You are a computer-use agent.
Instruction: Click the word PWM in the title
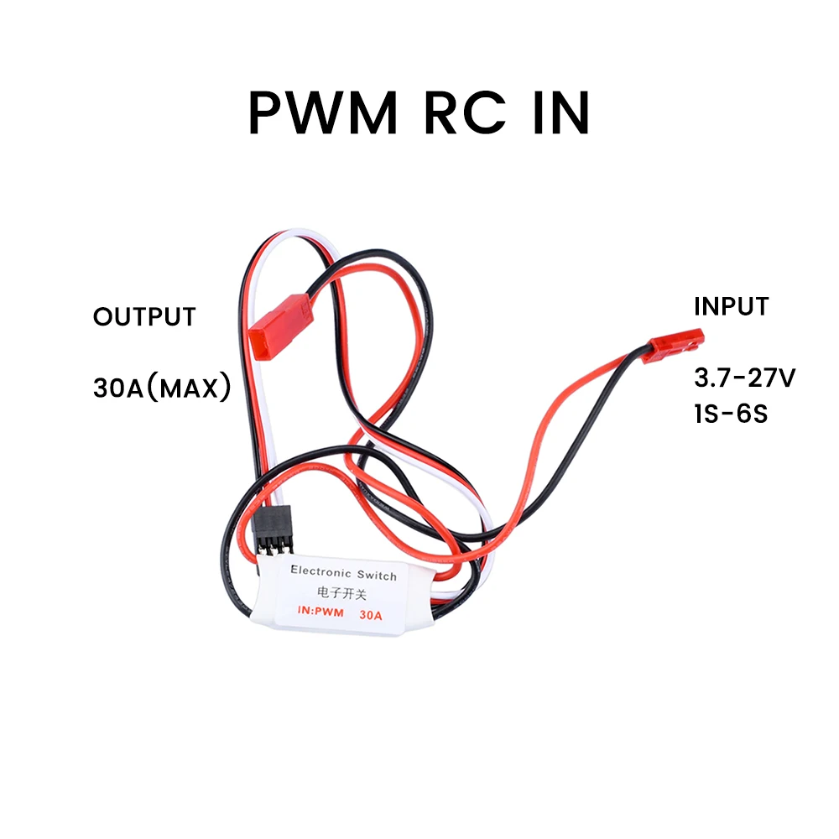click(x=322, y=112)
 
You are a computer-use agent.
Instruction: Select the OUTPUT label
click(x=144, y=317)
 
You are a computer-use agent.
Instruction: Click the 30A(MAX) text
click(x=161, y=388)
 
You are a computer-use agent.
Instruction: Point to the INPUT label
click(x=731, y=306)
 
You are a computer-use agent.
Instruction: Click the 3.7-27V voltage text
click(x=744, y=378)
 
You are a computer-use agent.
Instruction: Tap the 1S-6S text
click(x=731, y=414)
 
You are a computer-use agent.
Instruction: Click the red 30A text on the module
click(x=370, y=615)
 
